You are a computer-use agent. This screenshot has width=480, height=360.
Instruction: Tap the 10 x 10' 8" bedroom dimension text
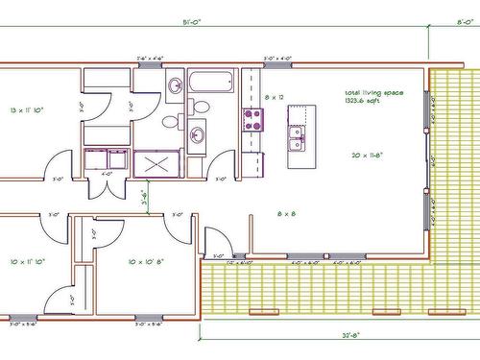(x=138, y=260)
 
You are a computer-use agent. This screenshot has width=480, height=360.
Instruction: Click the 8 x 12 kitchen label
(x=274, y=98)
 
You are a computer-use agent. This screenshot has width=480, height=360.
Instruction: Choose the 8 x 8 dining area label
(x=286, y=213)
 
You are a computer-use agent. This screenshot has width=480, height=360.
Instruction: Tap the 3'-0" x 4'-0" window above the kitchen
(x=277, y=60)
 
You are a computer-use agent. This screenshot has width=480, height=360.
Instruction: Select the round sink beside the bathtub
(x=175, y=86)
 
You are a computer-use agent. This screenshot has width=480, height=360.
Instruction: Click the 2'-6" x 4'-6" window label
(x=150, y=60)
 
